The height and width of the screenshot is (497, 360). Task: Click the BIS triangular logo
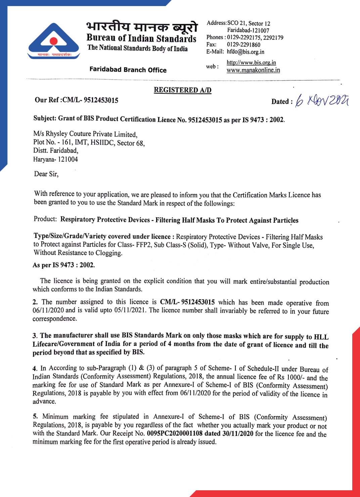coord(54,41)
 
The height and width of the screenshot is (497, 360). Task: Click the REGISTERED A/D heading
coord(182,90)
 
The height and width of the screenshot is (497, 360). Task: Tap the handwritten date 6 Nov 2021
coord(321,100)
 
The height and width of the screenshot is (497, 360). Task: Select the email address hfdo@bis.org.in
coord(245,52)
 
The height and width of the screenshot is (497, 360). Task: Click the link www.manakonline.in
coord(253,70)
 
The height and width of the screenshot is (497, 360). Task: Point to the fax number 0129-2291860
coord(243,44)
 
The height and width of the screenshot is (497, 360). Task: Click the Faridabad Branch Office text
coord(128,70)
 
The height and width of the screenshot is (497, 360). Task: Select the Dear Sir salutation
coord(46,174)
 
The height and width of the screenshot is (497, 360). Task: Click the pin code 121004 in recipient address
coord(68,159)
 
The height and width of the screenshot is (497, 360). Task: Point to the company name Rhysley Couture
coord(79,134)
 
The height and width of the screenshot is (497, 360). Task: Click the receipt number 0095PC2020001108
coord(175,434)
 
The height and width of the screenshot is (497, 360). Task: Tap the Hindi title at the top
coord(142,27)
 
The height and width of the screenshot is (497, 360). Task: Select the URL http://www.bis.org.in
coord(251,62)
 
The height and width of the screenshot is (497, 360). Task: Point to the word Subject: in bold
coord(45,118)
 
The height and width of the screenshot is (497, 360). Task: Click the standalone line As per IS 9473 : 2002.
coord(64,265)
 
